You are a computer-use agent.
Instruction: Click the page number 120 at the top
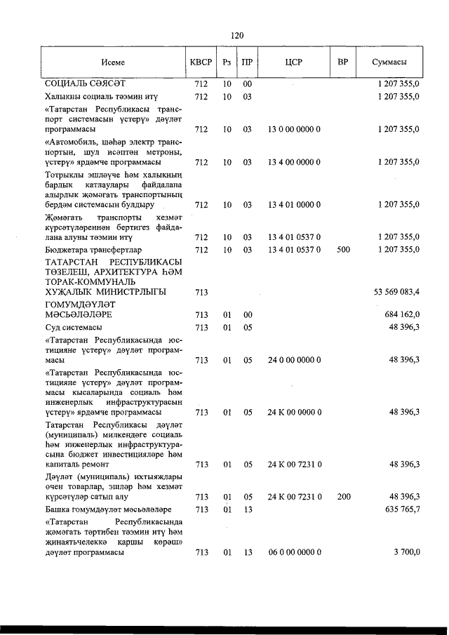(x=236, y=35)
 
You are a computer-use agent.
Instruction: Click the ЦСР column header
(x=294, y=62)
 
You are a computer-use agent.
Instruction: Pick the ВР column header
(x=343, y=62)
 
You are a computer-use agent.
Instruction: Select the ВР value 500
(x=343, y=249)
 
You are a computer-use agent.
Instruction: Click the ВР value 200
(x=343, y=497)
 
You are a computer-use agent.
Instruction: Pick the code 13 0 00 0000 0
(x=294, y=130)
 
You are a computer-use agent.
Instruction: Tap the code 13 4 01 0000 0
(x=294, y=205)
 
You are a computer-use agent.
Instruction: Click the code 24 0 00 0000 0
(x=294, y=360)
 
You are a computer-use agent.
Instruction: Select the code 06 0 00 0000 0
(x=294, y=552)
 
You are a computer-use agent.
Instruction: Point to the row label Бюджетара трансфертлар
(x=93, y=249)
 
